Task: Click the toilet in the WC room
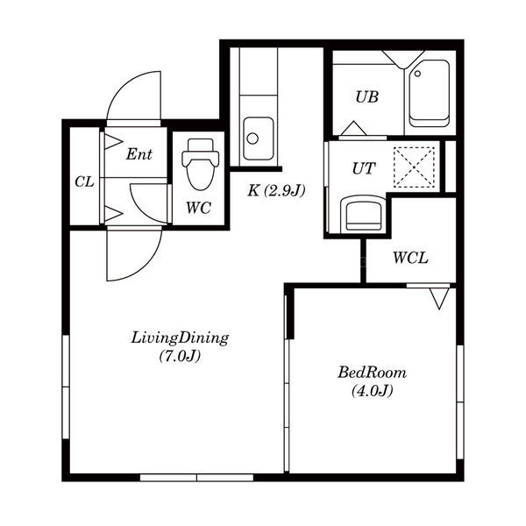click(200, 165)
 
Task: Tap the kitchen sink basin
click(259, 139)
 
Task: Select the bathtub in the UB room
click(429, 94)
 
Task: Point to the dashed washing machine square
click(414, 167)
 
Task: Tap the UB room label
click(367, 97)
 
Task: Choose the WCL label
click(410, 259)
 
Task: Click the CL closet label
click(84, 182)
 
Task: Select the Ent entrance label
click(139, 154)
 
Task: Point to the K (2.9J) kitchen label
click(276, 191)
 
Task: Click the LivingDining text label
click(180, 338)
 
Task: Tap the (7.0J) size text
click(180, 356)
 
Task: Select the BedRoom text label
click(372, 373)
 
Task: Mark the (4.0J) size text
click(372, 391)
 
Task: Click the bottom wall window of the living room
click(196, 478)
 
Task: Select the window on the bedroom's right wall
click(460, 402)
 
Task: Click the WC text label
click(199, 208)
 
